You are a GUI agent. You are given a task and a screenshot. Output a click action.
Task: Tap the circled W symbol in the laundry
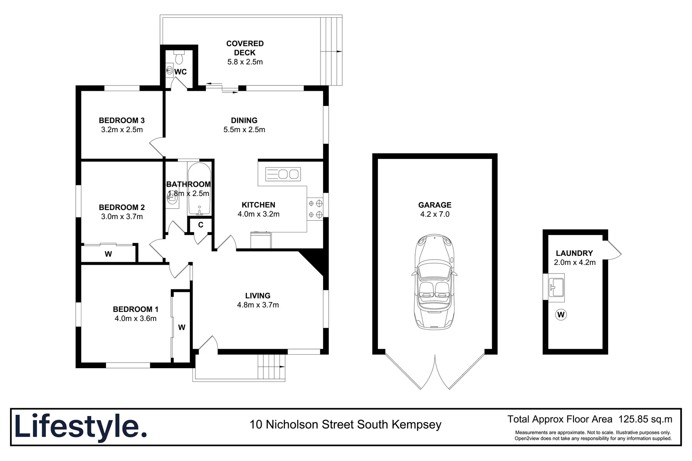pyautogui.click(x=561, y=315)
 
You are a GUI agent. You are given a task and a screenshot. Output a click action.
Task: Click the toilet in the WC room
pyautogui.click(x=179, y=57)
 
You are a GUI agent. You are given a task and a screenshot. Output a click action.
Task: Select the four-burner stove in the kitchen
pyautogui.click(x=315, y=208)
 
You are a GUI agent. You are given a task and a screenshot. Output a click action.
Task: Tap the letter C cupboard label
pyautogui.click(x=201, y=225)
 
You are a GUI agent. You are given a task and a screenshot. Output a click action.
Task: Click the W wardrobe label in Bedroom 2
pyautogui.click(x=108, y=254)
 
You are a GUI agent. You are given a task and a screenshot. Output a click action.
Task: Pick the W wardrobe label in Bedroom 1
pyautogui.click(x=182, y=327)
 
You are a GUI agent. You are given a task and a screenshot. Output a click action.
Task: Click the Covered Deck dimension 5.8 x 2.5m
pyautogui.click(x=245, y=62)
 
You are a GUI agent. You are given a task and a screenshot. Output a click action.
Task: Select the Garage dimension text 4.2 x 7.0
pyautogui.click(x=435, y=214)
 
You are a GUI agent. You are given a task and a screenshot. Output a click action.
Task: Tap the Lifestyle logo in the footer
pyautogui.click(x=80, y=427)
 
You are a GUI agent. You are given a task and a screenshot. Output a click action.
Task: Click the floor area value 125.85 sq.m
pyautogui.click(x=645, y=419)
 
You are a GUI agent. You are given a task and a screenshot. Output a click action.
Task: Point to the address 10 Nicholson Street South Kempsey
pyautogui.click(x=346, y=425)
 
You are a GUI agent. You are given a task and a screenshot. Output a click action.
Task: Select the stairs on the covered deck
pyautogui.click(x=331, y=51)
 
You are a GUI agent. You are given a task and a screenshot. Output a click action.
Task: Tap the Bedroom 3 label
pyautogui.click(x=122, y=121)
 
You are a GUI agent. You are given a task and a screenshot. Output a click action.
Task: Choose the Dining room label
pyautogui.click(x=244, y=121)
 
